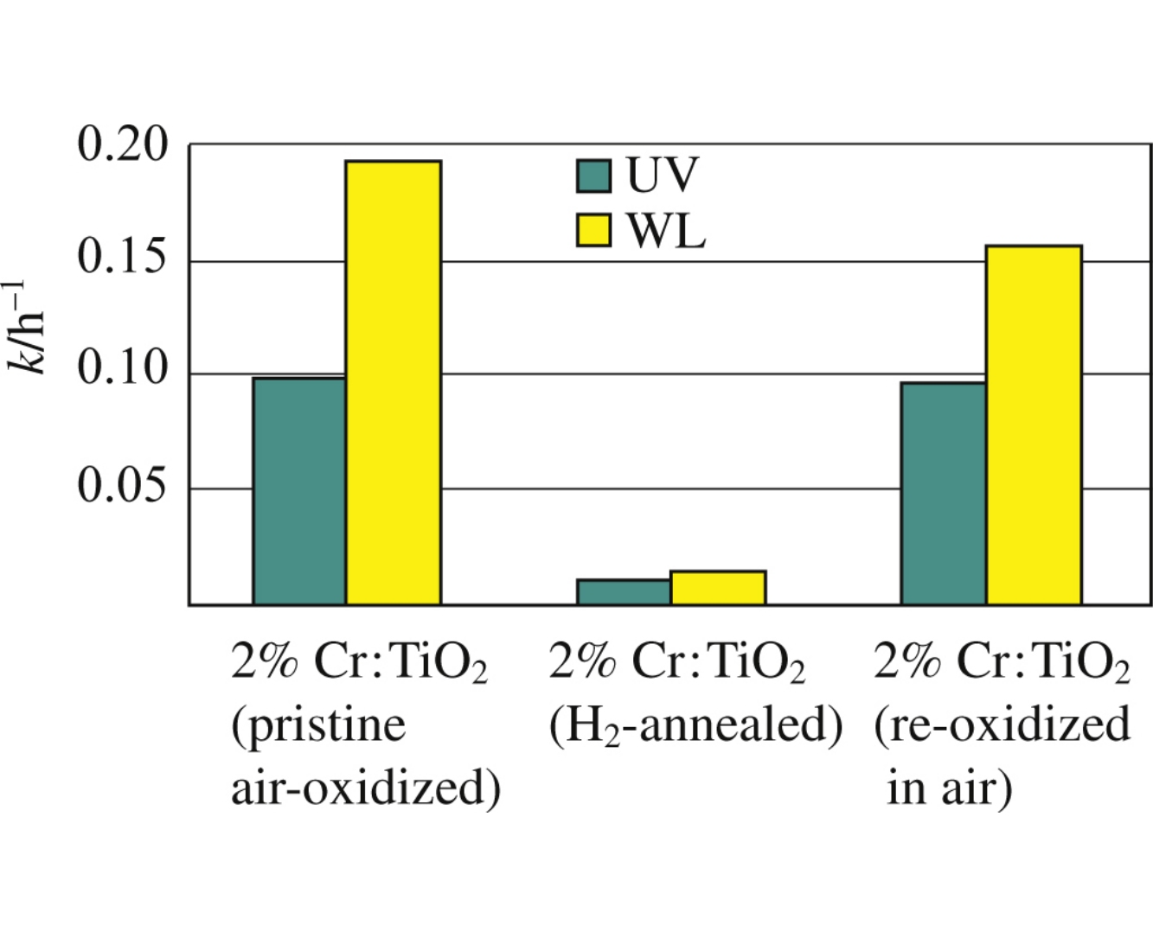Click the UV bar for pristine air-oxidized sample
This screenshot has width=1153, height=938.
[299, 490]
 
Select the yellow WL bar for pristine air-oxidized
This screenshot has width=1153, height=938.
[394, 382]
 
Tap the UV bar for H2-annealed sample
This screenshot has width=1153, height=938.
[624, 592]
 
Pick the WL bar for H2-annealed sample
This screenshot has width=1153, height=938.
[718, 588]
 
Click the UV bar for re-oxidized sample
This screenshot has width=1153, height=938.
[944, 493]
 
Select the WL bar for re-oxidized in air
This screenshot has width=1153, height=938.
[1034, 424]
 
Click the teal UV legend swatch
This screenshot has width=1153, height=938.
[593, 175]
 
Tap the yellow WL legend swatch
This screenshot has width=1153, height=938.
[593, 230]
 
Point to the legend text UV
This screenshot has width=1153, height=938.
[661, 175]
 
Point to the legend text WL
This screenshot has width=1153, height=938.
[666, 231]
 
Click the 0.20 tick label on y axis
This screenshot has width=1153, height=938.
[122, 145]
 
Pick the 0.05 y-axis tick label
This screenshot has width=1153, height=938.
[122, 485]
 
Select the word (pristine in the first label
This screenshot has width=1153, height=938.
[317, 724]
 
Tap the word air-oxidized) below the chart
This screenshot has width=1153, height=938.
[365, 787]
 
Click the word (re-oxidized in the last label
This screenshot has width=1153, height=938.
[1002, 724]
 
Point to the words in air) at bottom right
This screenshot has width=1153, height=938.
[948, 787]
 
